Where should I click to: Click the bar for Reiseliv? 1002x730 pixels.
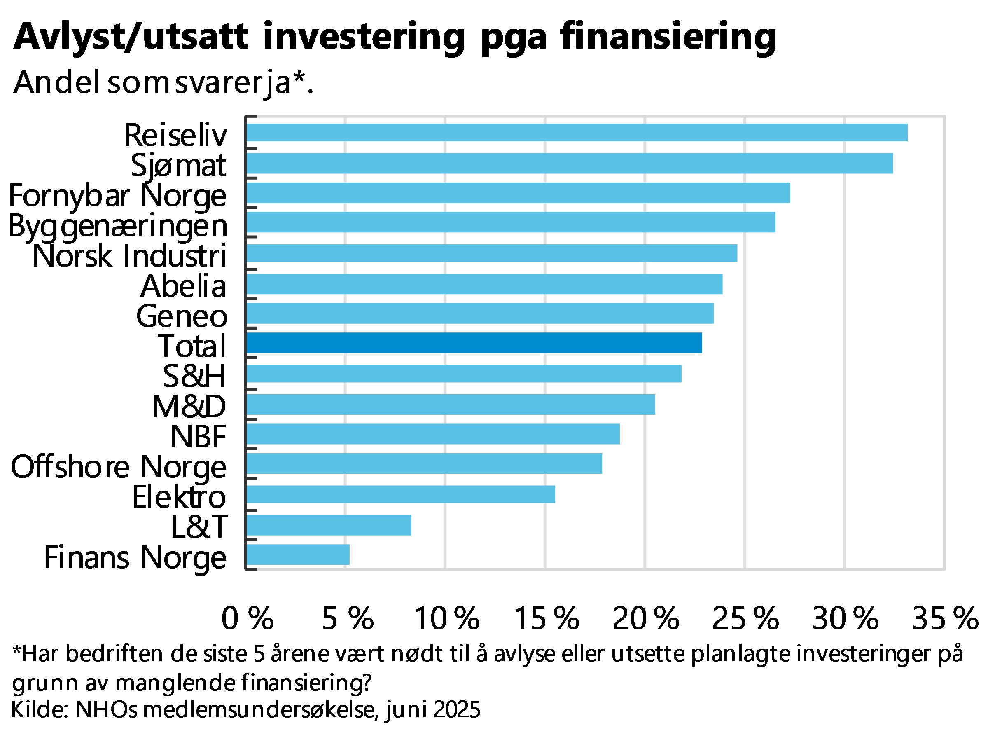click(x=577, y=133)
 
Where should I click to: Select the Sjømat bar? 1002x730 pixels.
click(x=570, y=164)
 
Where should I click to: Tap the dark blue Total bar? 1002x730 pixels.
click(x=474, y=343)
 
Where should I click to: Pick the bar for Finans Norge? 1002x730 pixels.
click(x=298, y=555)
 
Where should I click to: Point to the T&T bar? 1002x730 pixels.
click(x=329, y=525)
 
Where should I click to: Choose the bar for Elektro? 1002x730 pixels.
click(x=401, y=494)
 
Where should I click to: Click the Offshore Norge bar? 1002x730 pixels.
click(x=424, y=463)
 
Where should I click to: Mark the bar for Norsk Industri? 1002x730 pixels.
click(x=492, y=253)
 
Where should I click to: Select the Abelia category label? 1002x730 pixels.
click(x=184, y=285)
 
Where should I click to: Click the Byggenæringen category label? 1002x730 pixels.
click(x=117, y=226)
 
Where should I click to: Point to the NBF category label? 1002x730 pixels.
click(x=199, y=436)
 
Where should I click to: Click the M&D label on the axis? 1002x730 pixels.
click(x=189, y=406)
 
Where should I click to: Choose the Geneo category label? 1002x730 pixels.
click(x=182, y=316)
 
